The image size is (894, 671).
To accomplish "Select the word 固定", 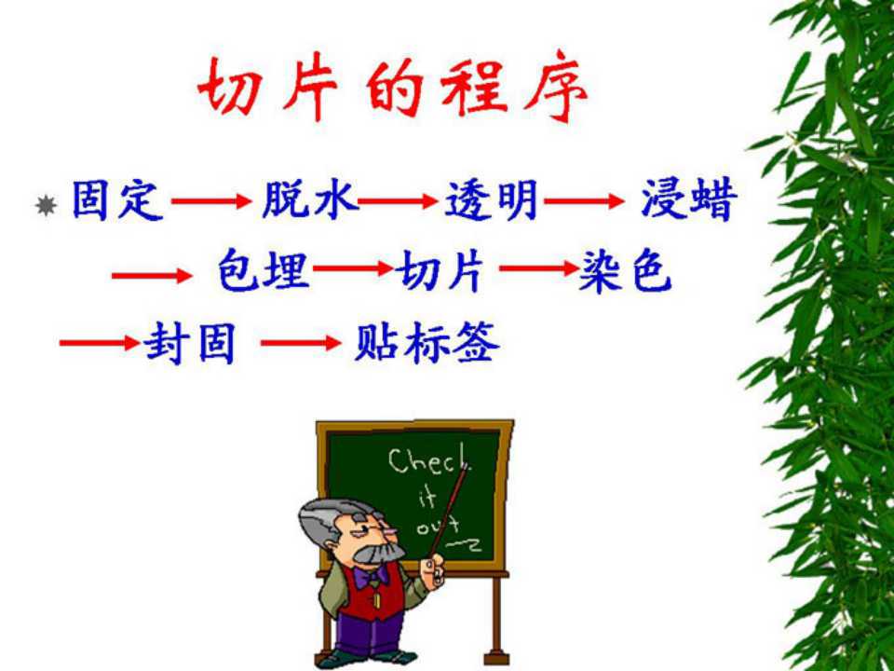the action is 118,200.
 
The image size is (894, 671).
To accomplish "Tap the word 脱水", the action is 309,199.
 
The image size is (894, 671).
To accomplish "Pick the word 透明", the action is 491,199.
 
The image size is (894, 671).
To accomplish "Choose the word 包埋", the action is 264,270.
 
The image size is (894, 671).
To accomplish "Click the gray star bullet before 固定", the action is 46,205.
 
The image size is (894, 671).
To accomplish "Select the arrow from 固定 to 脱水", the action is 211,201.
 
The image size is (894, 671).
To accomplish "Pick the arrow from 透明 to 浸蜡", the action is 585,201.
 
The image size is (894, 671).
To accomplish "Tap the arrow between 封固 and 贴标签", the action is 301,342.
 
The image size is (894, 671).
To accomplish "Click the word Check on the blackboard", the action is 428,461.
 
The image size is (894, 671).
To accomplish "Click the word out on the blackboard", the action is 438,526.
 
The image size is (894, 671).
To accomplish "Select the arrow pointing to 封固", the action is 100,342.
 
